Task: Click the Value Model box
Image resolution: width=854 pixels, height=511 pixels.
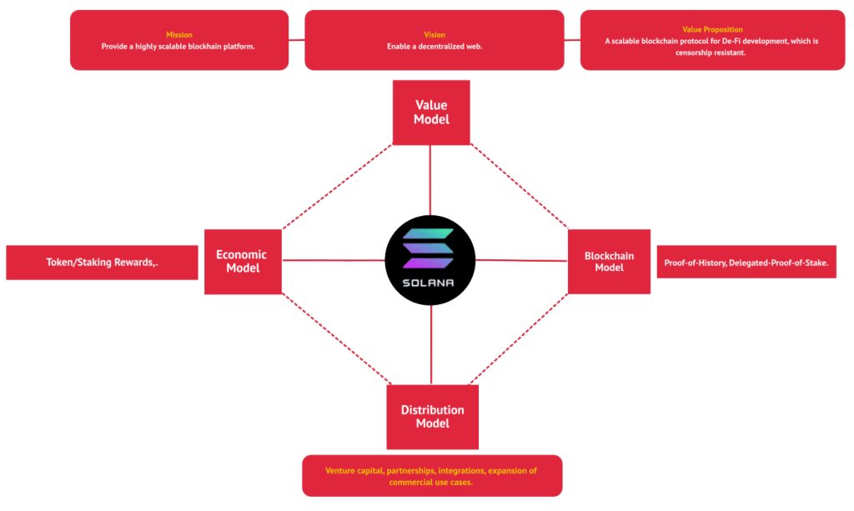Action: point(431,113)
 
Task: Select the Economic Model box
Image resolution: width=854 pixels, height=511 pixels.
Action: point(242,261)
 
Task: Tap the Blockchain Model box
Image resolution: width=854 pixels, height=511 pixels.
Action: point(609,261)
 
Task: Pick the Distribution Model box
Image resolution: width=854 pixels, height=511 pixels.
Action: point(432,417)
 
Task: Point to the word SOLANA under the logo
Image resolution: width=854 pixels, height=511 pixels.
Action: point(430,283)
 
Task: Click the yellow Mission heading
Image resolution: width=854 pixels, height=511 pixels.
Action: point(178,35)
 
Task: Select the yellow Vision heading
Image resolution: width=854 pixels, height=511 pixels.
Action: point(434,35)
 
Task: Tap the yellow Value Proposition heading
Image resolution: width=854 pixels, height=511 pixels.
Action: point(712,30)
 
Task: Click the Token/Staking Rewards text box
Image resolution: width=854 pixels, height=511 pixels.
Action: point(102,263)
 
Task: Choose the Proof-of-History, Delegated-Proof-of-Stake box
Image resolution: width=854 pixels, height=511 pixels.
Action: point(746,263)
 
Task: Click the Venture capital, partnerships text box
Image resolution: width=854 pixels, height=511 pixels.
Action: point(431,476)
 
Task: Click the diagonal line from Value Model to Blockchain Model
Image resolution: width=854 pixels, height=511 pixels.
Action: point(519,186)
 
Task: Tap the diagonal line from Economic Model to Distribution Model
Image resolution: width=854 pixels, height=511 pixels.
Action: point(334,338)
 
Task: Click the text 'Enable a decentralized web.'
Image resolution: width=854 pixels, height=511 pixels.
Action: point(434,47)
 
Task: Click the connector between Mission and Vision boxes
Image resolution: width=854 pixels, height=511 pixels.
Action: point(297,39)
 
